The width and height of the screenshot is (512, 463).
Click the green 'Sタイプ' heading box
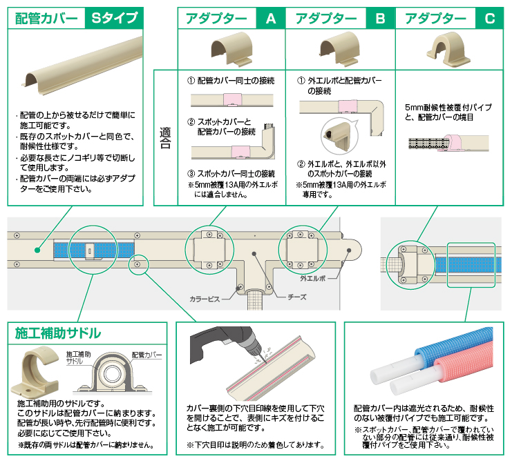click(114, 19)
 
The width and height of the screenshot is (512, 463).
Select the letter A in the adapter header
click(270, 19)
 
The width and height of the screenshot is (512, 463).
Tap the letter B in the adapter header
click(379, 19)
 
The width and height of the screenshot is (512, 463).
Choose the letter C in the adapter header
click(489, 19)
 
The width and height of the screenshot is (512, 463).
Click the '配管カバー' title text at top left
click(46, 19)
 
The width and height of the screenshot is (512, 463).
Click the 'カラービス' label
click(205, 299)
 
